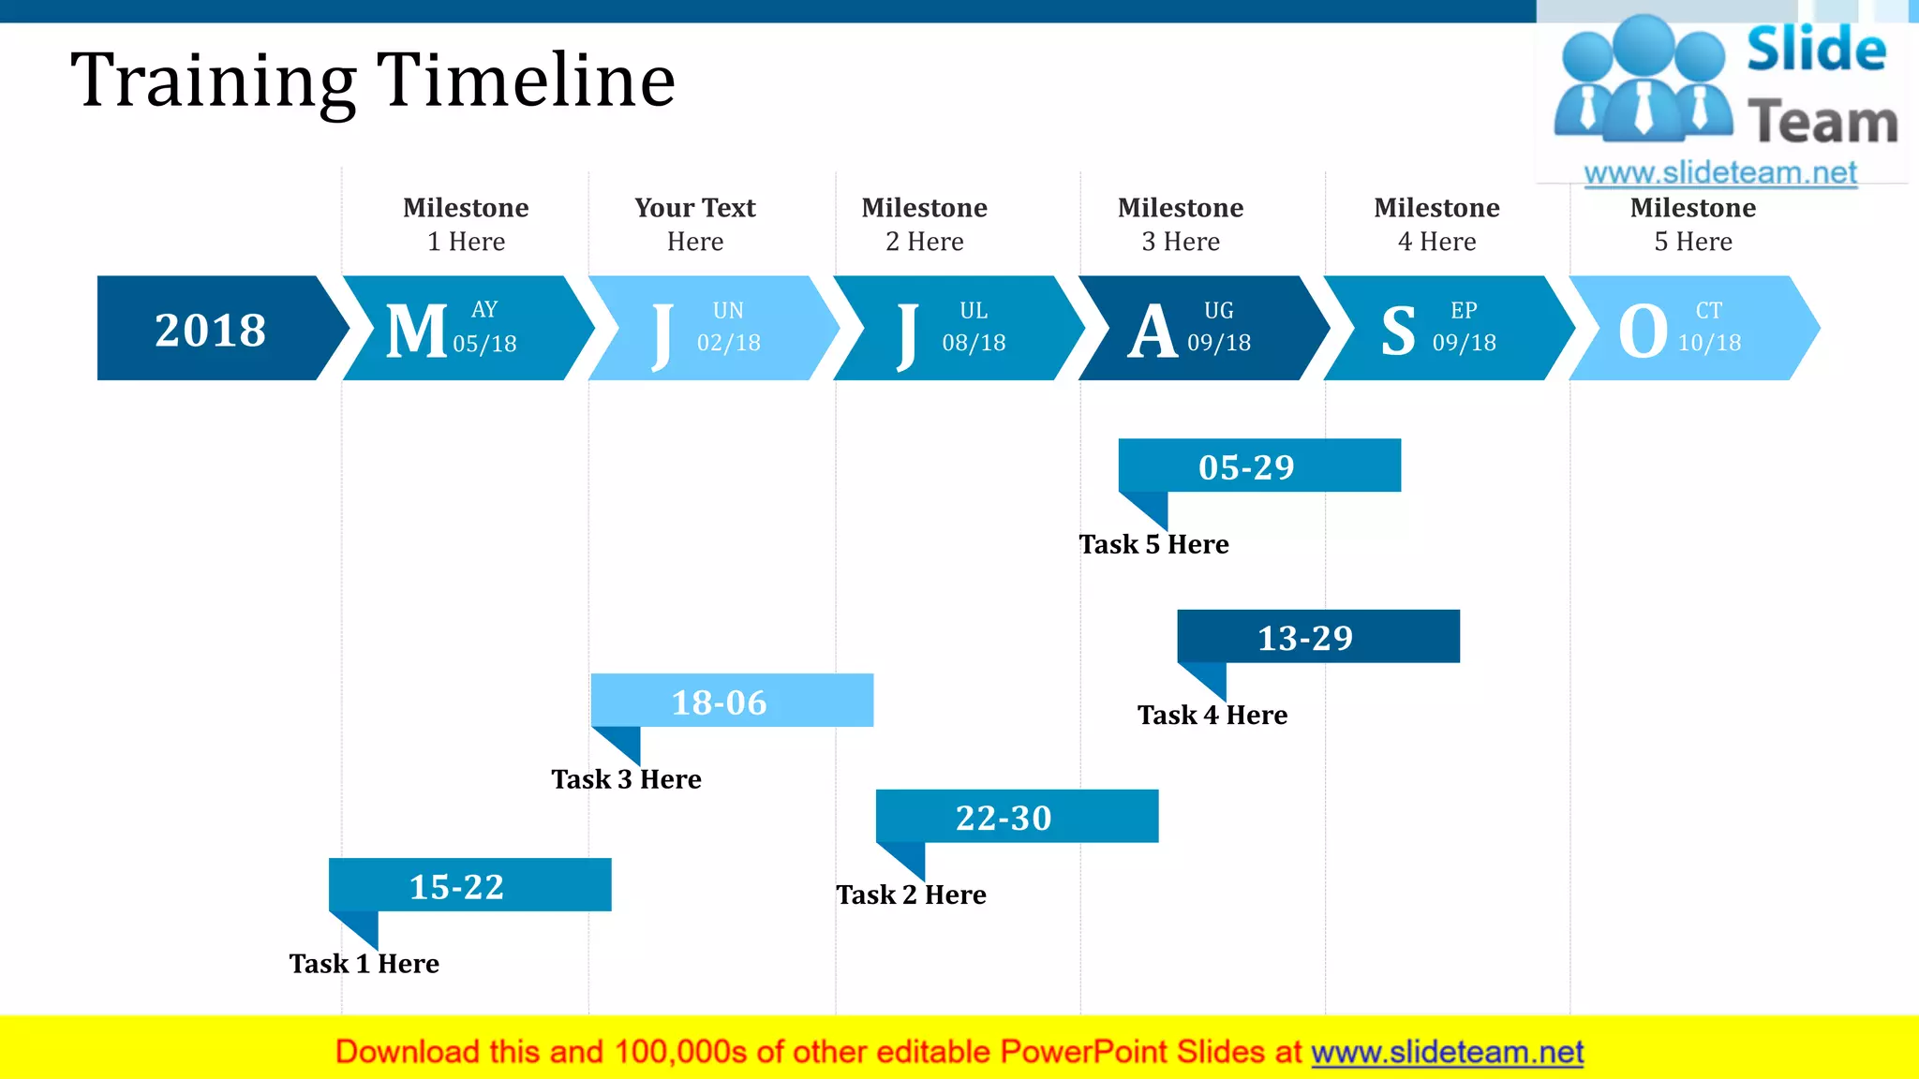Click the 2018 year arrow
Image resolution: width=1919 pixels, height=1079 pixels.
(x=211, y=330)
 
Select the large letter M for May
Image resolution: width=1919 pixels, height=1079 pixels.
(x=416, y=331)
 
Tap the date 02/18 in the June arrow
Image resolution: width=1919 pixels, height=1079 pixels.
(x=728, y=343)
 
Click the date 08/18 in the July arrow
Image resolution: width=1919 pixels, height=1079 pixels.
(x=974, y=343)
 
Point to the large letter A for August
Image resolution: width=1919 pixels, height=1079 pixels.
(x=1152, y=332)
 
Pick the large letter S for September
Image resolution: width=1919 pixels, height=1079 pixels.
(x=1398, y=332)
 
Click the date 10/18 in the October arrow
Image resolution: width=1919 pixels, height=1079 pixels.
(x=1709, y=343)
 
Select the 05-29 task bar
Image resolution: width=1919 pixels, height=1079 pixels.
(x=1258, y=466)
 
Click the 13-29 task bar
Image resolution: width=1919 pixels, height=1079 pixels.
(x=1317, y=637)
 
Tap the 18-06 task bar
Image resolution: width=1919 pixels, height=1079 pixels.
(x=732, y=701)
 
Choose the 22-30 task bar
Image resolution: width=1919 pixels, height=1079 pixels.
(x=1017, y=817)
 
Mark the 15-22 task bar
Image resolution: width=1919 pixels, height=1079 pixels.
(x=469, y=885)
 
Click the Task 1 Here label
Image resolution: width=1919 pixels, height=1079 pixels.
(x=364, y=964)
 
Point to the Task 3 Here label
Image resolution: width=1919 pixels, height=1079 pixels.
(x=626, y=779)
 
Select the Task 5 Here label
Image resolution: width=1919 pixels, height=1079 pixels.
(x=1153, y=544)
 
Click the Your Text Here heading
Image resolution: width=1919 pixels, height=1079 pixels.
(x=695, y=224)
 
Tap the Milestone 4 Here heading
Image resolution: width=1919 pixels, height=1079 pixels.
(x=1436, y=224)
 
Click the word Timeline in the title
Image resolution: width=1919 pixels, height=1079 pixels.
(x=526, y=81)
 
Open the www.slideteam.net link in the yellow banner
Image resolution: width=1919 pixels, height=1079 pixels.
(x=1447, y=1053)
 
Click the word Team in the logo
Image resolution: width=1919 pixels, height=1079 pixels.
(x=1822, y=123)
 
